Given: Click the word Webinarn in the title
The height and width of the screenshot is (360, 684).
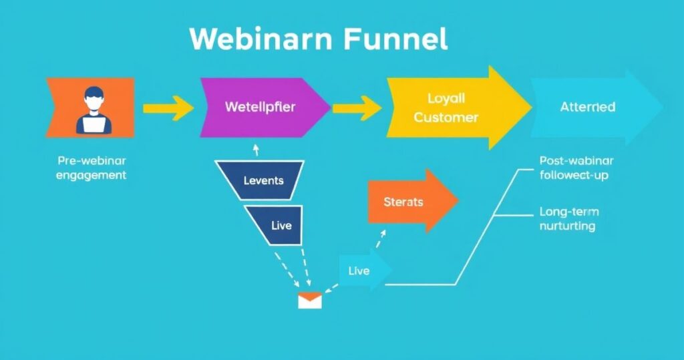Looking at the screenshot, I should (261, 39).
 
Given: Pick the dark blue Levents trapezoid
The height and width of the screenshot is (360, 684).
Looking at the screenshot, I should (263, 180).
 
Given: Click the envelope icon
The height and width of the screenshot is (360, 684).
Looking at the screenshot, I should (310, 301).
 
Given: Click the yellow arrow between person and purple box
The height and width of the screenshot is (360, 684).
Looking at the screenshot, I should (168, 108).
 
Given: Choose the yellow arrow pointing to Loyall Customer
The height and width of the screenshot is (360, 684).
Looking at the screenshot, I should (357, 108).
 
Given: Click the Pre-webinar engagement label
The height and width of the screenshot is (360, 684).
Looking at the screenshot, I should (92, 168).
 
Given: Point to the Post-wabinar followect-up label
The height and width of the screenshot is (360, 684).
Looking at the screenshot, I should (576, 168).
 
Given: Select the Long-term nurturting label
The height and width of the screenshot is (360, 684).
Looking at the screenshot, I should (568, 219).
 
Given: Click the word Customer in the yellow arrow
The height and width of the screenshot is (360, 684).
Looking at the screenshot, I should (446, 118).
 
